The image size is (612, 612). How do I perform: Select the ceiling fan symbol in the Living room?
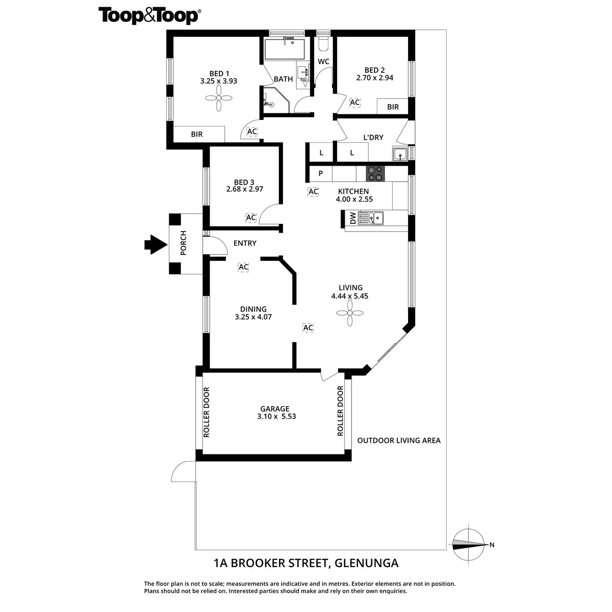[x=350, y=313]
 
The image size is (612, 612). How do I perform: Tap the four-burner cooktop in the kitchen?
[x=375, y=173]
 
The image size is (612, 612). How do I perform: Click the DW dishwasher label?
[x=352, y=218]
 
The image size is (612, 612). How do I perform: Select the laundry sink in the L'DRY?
[x=399, y=153]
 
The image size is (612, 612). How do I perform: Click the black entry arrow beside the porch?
[x=155, y=245]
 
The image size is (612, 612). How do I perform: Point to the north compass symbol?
[x=469, y=544]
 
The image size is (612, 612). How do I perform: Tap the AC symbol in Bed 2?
[x=354, y=103]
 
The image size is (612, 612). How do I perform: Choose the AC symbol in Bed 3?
[x=250, y=218]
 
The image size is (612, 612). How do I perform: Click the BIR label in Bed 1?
[x=197, y=134]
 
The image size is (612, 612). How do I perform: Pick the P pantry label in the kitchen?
[x=321, y=173]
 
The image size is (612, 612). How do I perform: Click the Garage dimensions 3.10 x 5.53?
[x=277, y=416]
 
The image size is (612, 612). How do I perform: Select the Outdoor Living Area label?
[x=399, y=441]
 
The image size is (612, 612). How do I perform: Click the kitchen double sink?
[x=371, y=218]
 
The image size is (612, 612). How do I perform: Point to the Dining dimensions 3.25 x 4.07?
[x=253, y=317]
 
